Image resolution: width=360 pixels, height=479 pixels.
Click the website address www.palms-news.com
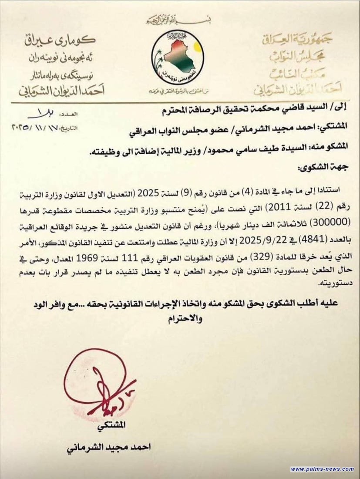(x=322, y=469)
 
